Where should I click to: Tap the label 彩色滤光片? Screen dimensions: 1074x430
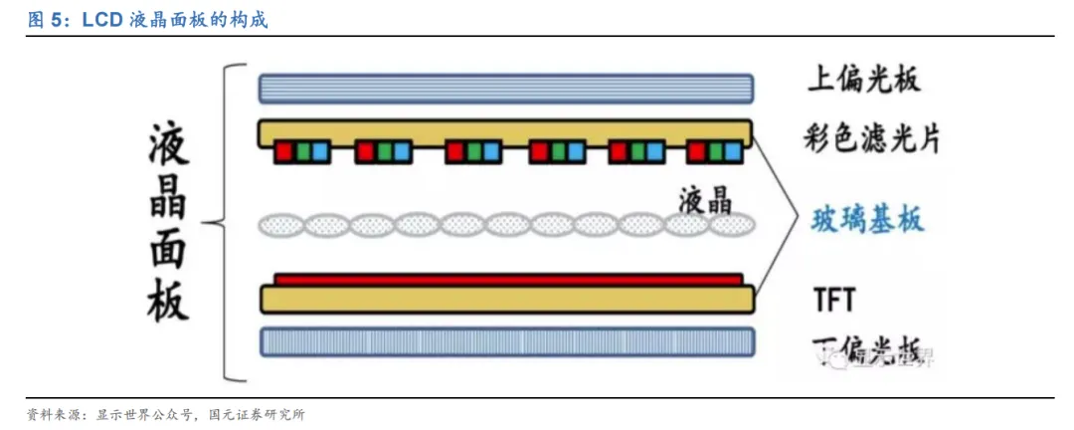coord(871,138)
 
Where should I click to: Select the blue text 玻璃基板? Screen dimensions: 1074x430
coord(868,218)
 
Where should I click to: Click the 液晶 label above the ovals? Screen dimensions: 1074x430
coord(705,200)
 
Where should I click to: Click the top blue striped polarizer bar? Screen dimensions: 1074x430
coord(505,89)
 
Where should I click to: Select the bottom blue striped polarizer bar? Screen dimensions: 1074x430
coord(505,342)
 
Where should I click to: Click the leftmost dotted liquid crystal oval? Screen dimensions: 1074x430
coord(281,225)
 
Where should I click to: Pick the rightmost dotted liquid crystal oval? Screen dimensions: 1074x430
coord(734,225)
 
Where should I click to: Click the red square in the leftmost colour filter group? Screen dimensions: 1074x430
coord(283,152)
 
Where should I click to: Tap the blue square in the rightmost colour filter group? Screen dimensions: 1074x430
coord(733,152)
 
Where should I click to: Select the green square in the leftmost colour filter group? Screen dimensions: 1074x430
coord(301,152)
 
